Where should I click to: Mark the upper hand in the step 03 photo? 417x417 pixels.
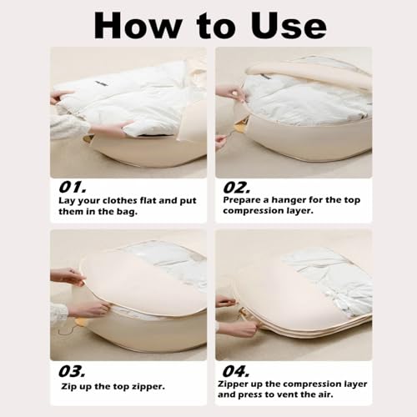click(x=67, y=276)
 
